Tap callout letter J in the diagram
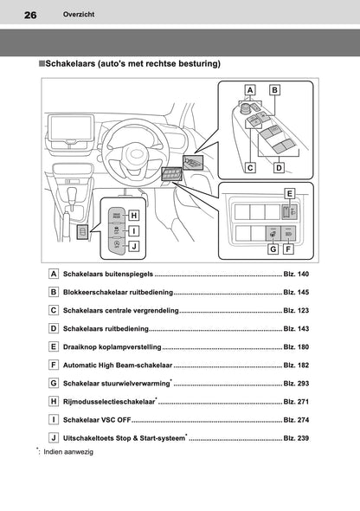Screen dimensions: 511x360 pyautogui.click(x=135, y=246)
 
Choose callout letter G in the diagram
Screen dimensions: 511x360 pyautogui.click(x=273, y=249)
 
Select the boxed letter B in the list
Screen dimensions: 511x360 pyautogui.click(x=54, y=294)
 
